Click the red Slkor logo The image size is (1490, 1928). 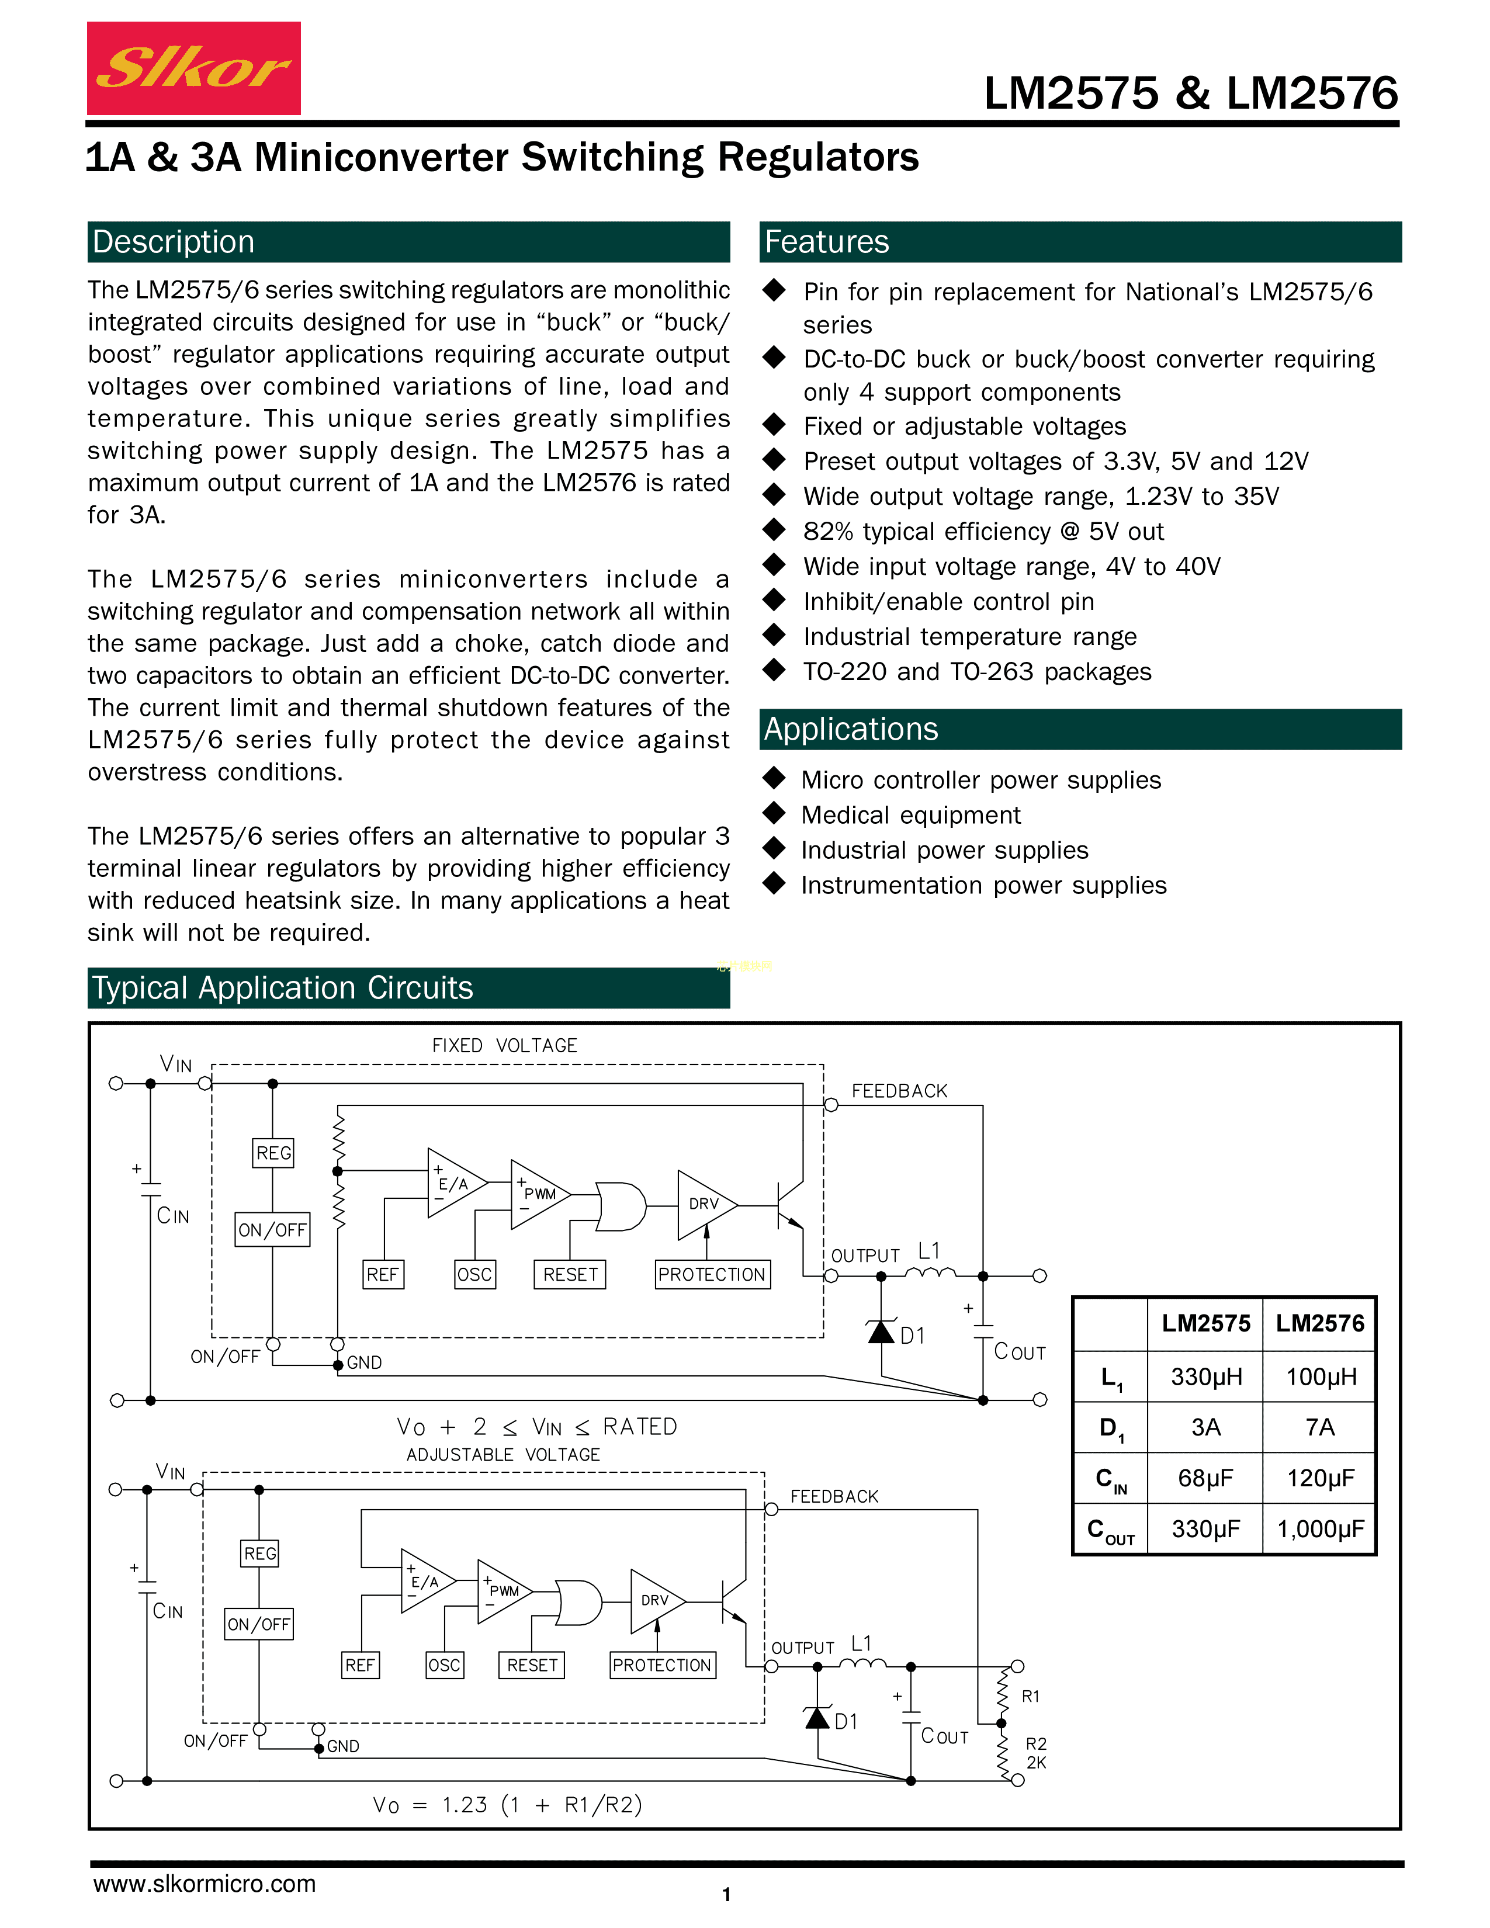pyautogui.click(x=193, y=68)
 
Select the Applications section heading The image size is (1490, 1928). pyautogui.click(x=850, y=729)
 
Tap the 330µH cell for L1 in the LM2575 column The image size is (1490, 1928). pyautogui.click(x=1206, y=1376)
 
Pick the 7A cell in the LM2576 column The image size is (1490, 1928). pyautogui.click(x=1319, y=1427)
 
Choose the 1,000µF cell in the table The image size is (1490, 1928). pyautogui.click(x=1319, y=1528)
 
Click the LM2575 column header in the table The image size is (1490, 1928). pyautogui.click(x=1206, y=1323)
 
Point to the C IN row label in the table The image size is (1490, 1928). pyautogui.click(x=1110, y=1479)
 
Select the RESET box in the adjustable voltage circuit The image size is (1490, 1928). pyautogui.click(x=532, y=1665)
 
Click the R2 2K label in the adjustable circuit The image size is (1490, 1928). pyautogui.click(x=1035, y=1753)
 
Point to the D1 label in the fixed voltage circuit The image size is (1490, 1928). pyautogui.click(x=913, y=1336)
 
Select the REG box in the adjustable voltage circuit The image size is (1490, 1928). pyautogui.click(x=261, y=1554)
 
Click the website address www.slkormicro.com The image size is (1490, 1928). pyautogui.click(x=204, y=1883)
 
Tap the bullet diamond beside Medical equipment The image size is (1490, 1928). pyautogui.click(x=774, y=813)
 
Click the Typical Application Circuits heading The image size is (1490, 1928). pyautogui.click(x=282, y=988)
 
